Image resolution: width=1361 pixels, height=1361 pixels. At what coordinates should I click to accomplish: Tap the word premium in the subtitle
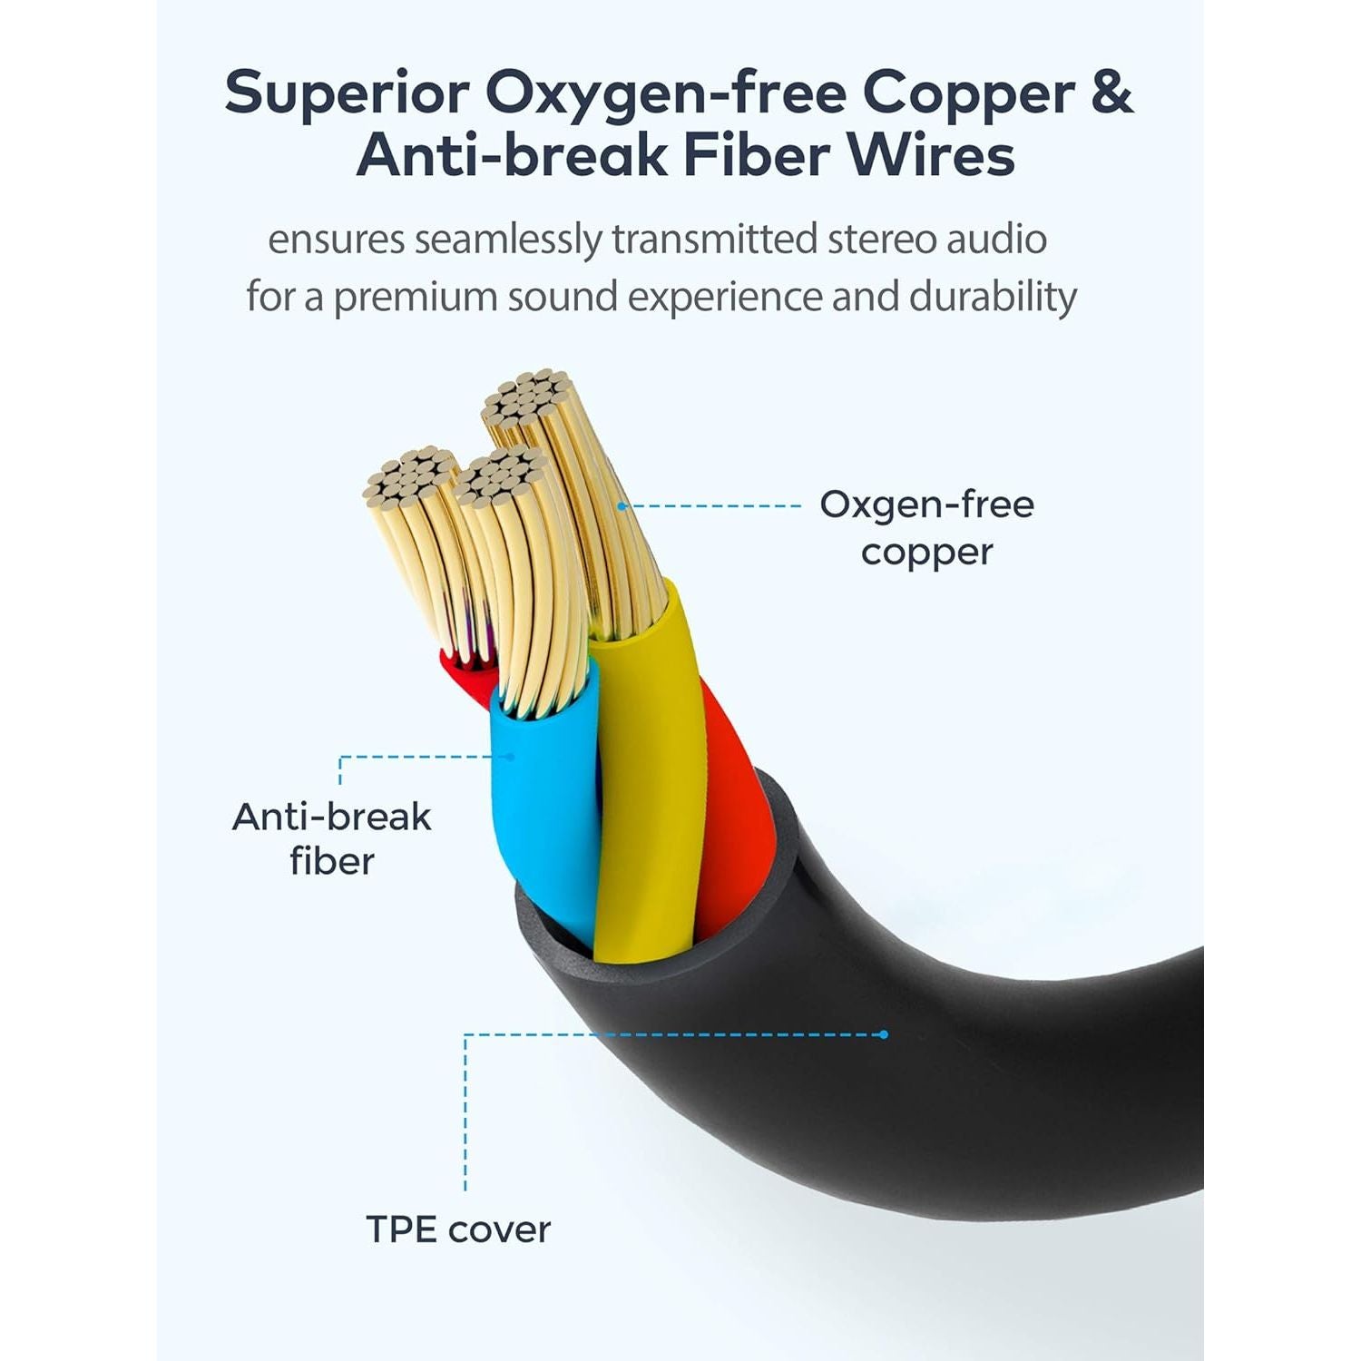tap(415, 299)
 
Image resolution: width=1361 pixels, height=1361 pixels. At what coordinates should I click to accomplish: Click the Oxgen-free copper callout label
tap(926, 528)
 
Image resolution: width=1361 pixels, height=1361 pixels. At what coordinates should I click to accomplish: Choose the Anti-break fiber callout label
tap(331, 838)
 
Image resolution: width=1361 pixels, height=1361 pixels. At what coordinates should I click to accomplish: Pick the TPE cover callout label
tap(458, 1229)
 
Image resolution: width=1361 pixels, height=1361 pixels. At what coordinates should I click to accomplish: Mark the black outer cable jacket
tap(907, 1089)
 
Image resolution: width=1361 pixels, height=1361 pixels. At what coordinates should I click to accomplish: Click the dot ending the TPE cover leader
tap(885, 1034)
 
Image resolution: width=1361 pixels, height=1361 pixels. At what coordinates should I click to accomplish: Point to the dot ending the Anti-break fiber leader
tap(510, 756)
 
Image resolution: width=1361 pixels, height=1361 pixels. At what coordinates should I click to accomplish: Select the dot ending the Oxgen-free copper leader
tap(622, 505)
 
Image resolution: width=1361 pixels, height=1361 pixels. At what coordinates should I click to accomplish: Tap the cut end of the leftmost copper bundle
tap(410, 475)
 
